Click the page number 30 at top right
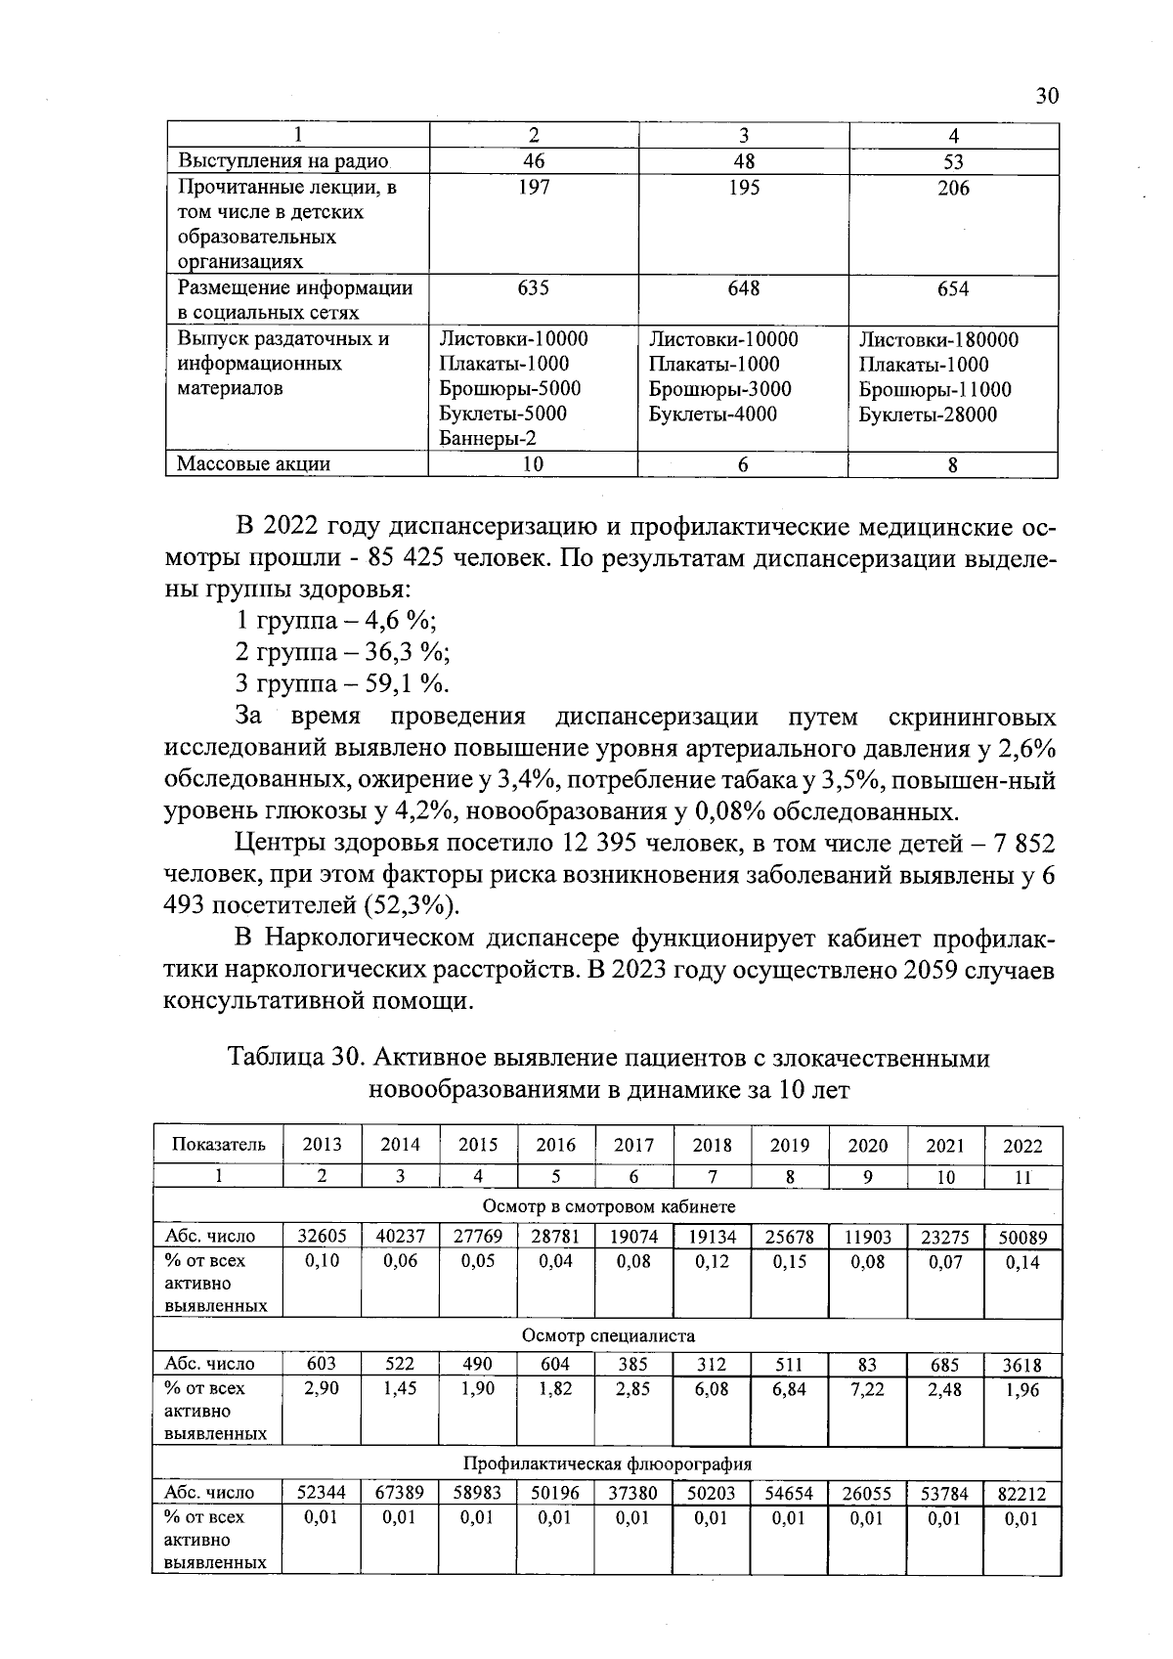coord(1045,96)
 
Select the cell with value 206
coord(953,188)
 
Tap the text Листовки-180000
coord(938,339)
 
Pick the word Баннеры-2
coord(488,439)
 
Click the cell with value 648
coord(743,288)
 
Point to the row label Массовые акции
coord(253,464)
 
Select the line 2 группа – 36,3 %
coord(343,652)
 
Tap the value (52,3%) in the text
coord(411,905)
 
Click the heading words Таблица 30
coord(296,1059)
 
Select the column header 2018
coord(712,1145)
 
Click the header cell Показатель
coord(218,1145)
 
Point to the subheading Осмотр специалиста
coord(608,1335)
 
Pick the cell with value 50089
coord(1022,1238)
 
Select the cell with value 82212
coord(1022,1494)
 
